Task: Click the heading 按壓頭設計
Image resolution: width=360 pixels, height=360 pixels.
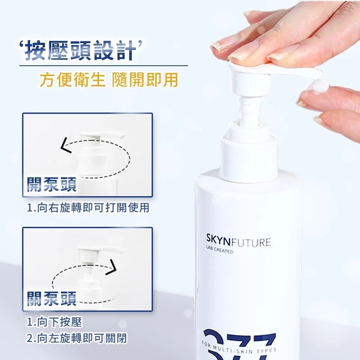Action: (81, 50)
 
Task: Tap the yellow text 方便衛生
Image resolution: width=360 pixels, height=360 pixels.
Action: (72, 80)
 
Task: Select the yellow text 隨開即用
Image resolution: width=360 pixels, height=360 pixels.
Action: (145, 80)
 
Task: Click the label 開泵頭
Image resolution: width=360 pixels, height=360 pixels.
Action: (52, 184)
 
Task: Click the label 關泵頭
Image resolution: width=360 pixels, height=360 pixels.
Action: (52, 298)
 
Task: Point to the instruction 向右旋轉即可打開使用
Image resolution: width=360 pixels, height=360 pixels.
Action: (93, 207)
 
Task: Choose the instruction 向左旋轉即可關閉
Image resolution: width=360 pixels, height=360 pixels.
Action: (82, 338)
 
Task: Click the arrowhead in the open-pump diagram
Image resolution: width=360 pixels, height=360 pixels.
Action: (66, 145)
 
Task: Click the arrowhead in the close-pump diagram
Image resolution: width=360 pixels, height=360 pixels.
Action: (111, 267)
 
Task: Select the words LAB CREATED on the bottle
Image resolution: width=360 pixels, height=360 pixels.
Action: (220, 250)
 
